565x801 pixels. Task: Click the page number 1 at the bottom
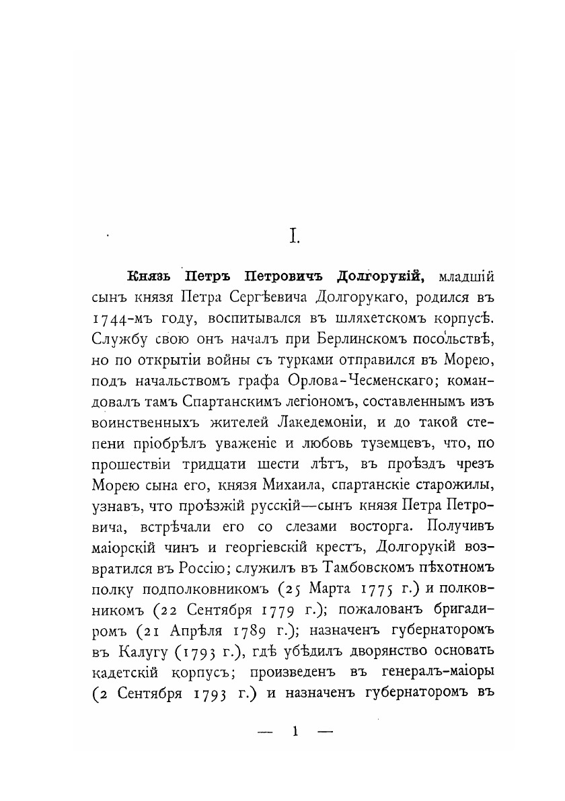click(295, 728)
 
